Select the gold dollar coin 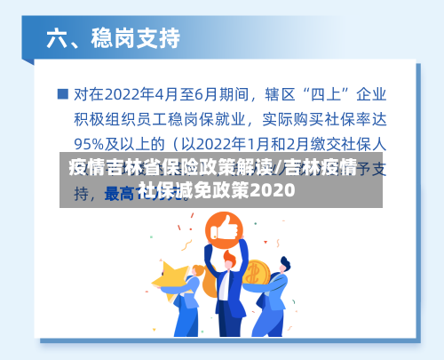255,272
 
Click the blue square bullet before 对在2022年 62,92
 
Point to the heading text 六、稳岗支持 113,38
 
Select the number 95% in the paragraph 91,142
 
